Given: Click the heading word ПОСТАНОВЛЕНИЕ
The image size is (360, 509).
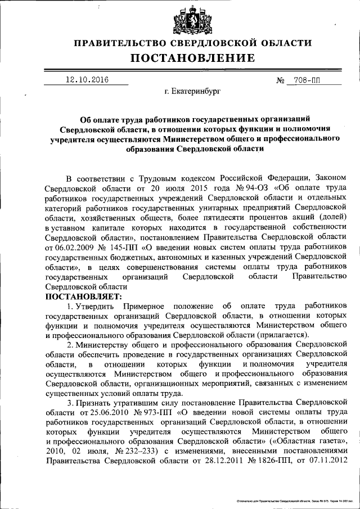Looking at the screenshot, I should [193, 58].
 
